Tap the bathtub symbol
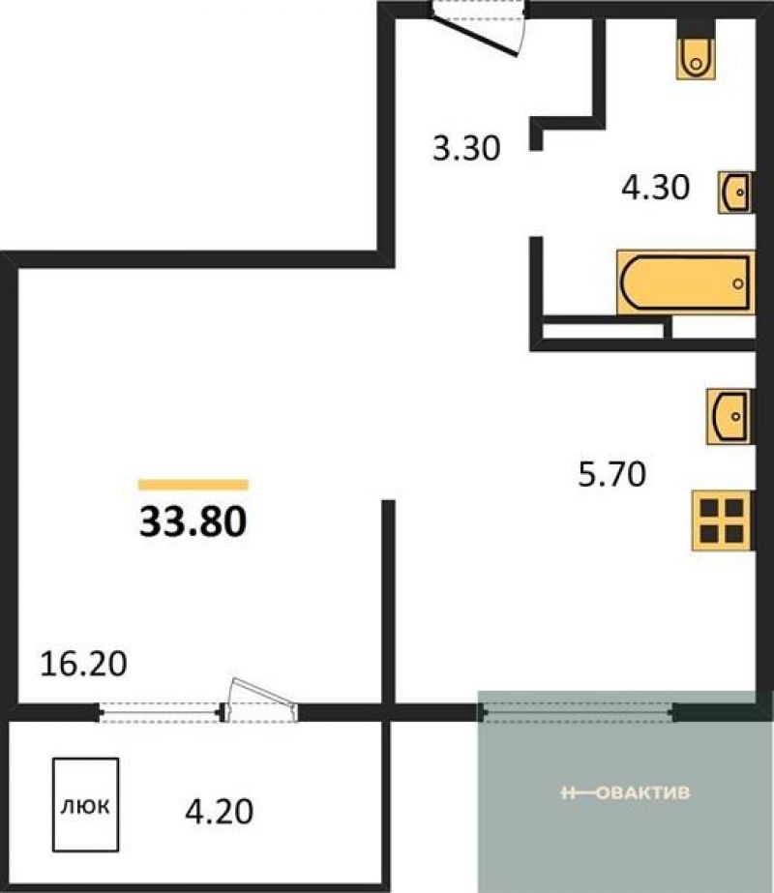686,283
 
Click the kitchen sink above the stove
729,416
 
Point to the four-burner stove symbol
722,521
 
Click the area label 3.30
466,148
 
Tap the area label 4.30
655,188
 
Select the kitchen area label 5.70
612,474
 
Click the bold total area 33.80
193,521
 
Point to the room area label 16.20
83,664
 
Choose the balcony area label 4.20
220,812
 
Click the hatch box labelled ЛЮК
85,805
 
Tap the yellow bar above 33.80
193,485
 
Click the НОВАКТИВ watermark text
625,792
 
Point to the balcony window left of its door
160,712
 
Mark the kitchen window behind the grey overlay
578,712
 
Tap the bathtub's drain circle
738,283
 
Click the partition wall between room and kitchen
388,603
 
